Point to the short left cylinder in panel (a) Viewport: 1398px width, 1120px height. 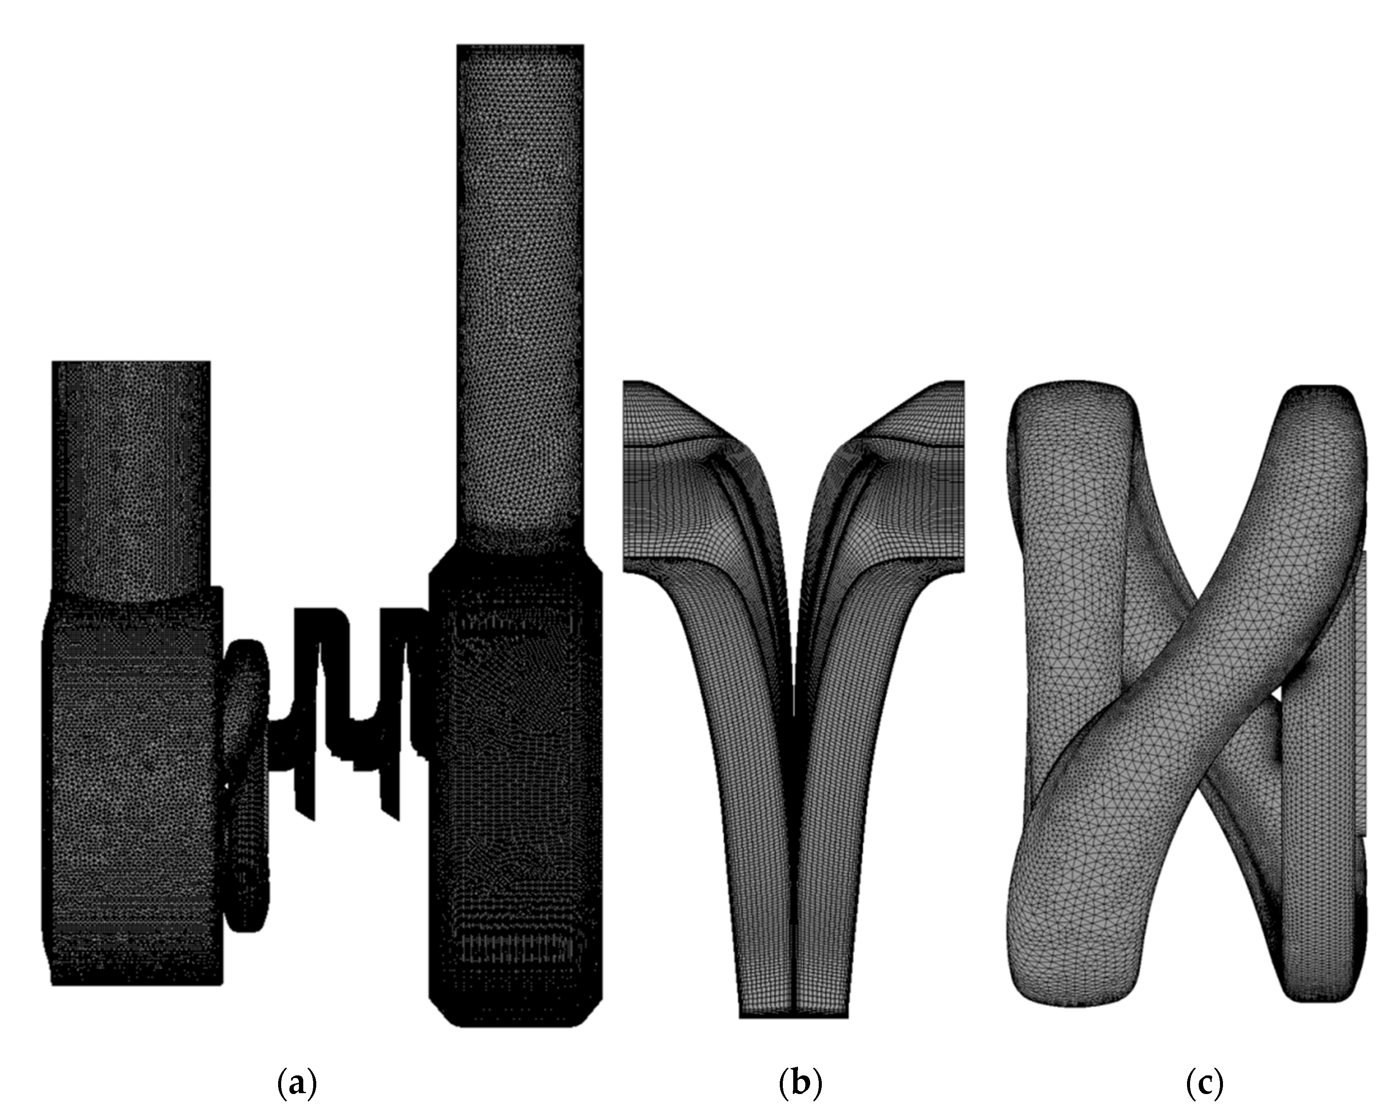(131, 479)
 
